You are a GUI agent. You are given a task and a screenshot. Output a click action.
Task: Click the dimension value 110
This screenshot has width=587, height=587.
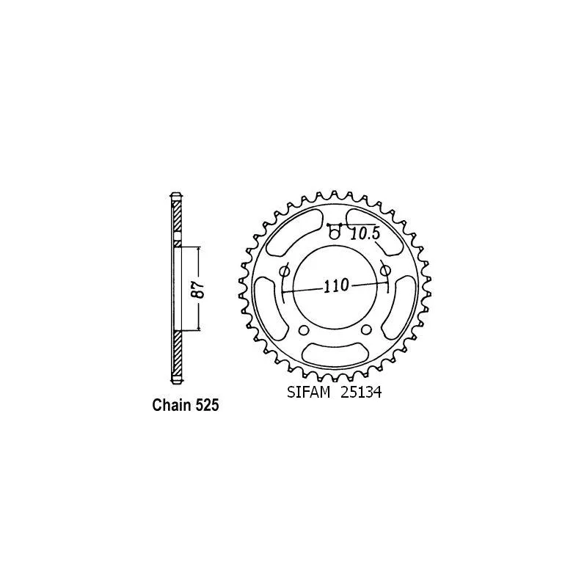[336, 286]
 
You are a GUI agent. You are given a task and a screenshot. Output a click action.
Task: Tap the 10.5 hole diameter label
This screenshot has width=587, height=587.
[365, 234]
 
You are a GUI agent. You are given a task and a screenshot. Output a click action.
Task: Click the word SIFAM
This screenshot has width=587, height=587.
[308, 393]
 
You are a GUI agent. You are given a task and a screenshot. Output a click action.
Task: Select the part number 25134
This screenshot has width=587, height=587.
[361, 393]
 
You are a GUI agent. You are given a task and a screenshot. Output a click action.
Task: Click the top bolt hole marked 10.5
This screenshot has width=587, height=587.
[335, 233]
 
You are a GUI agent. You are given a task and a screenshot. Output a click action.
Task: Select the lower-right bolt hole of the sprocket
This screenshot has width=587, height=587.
[367, 329]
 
